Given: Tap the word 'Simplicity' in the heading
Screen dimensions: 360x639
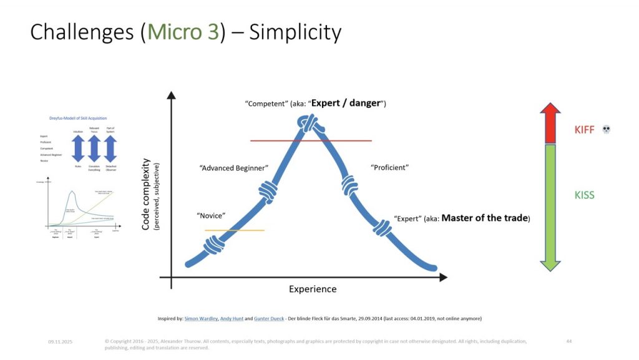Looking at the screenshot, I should pos(295,32).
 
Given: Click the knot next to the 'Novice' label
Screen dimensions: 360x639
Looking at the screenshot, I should pos(214,245).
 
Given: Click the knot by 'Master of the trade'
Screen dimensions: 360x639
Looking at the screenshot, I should pos(383,228).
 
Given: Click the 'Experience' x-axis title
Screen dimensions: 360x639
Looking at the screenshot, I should pos(313,289).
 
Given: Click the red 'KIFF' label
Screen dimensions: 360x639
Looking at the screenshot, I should pos(584,130).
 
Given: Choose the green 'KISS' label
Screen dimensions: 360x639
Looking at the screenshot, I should pos(584,195).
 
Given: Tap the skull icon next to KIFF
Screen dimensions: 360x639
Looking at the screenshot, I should pos(606,130).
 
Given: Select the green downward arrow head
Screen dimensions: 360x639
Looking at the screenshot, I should pos(550,264).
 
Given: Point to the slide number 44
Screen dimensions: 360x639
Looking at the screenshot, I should pos(568,341).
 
